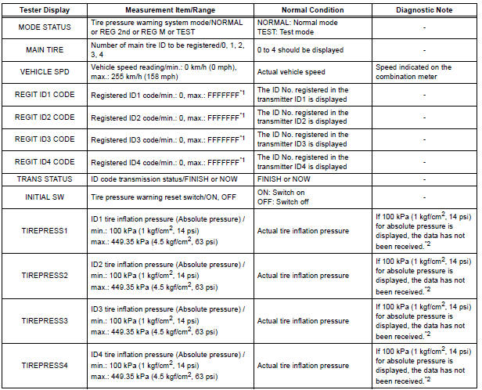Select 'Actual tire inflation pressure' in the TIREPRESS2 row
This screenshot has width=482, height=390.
tap(304, 276)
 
